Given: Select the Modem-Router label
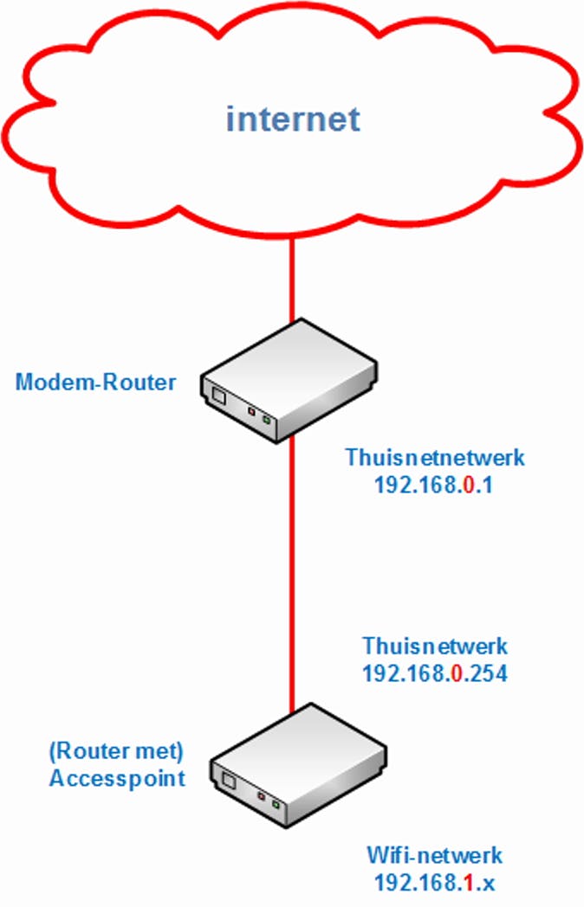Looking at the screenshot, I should pyautogui.click(x=95, y=382).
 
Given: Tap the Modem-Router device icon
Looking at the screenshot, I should pyautogui.click(x=289, y=381).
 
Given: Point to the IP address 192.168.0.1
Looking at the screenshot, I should pyautogui.click(x=433, y=486).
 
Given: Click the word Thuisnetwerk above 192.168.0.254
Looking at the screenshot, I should pyautogui.click(x=435, y=645).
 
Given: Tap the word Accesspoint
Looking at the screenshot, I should pyautogui.click(x=117, y=778).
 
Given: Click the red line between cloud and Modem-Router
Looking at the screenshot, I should pyautogui.click(x=293, y=277).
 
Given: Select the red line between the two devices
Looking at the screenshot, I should pyautogui.click(x=293, y=571).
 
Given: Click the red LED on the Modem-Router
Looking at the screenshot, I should pyautogui.click(x=251, y=413).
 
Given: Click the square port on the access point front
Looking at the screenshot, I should pyautogui.click(x=227, y=782).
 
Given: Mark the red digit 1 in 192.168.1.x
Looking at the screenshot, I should pyautogui.click(x=468, y=884).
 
